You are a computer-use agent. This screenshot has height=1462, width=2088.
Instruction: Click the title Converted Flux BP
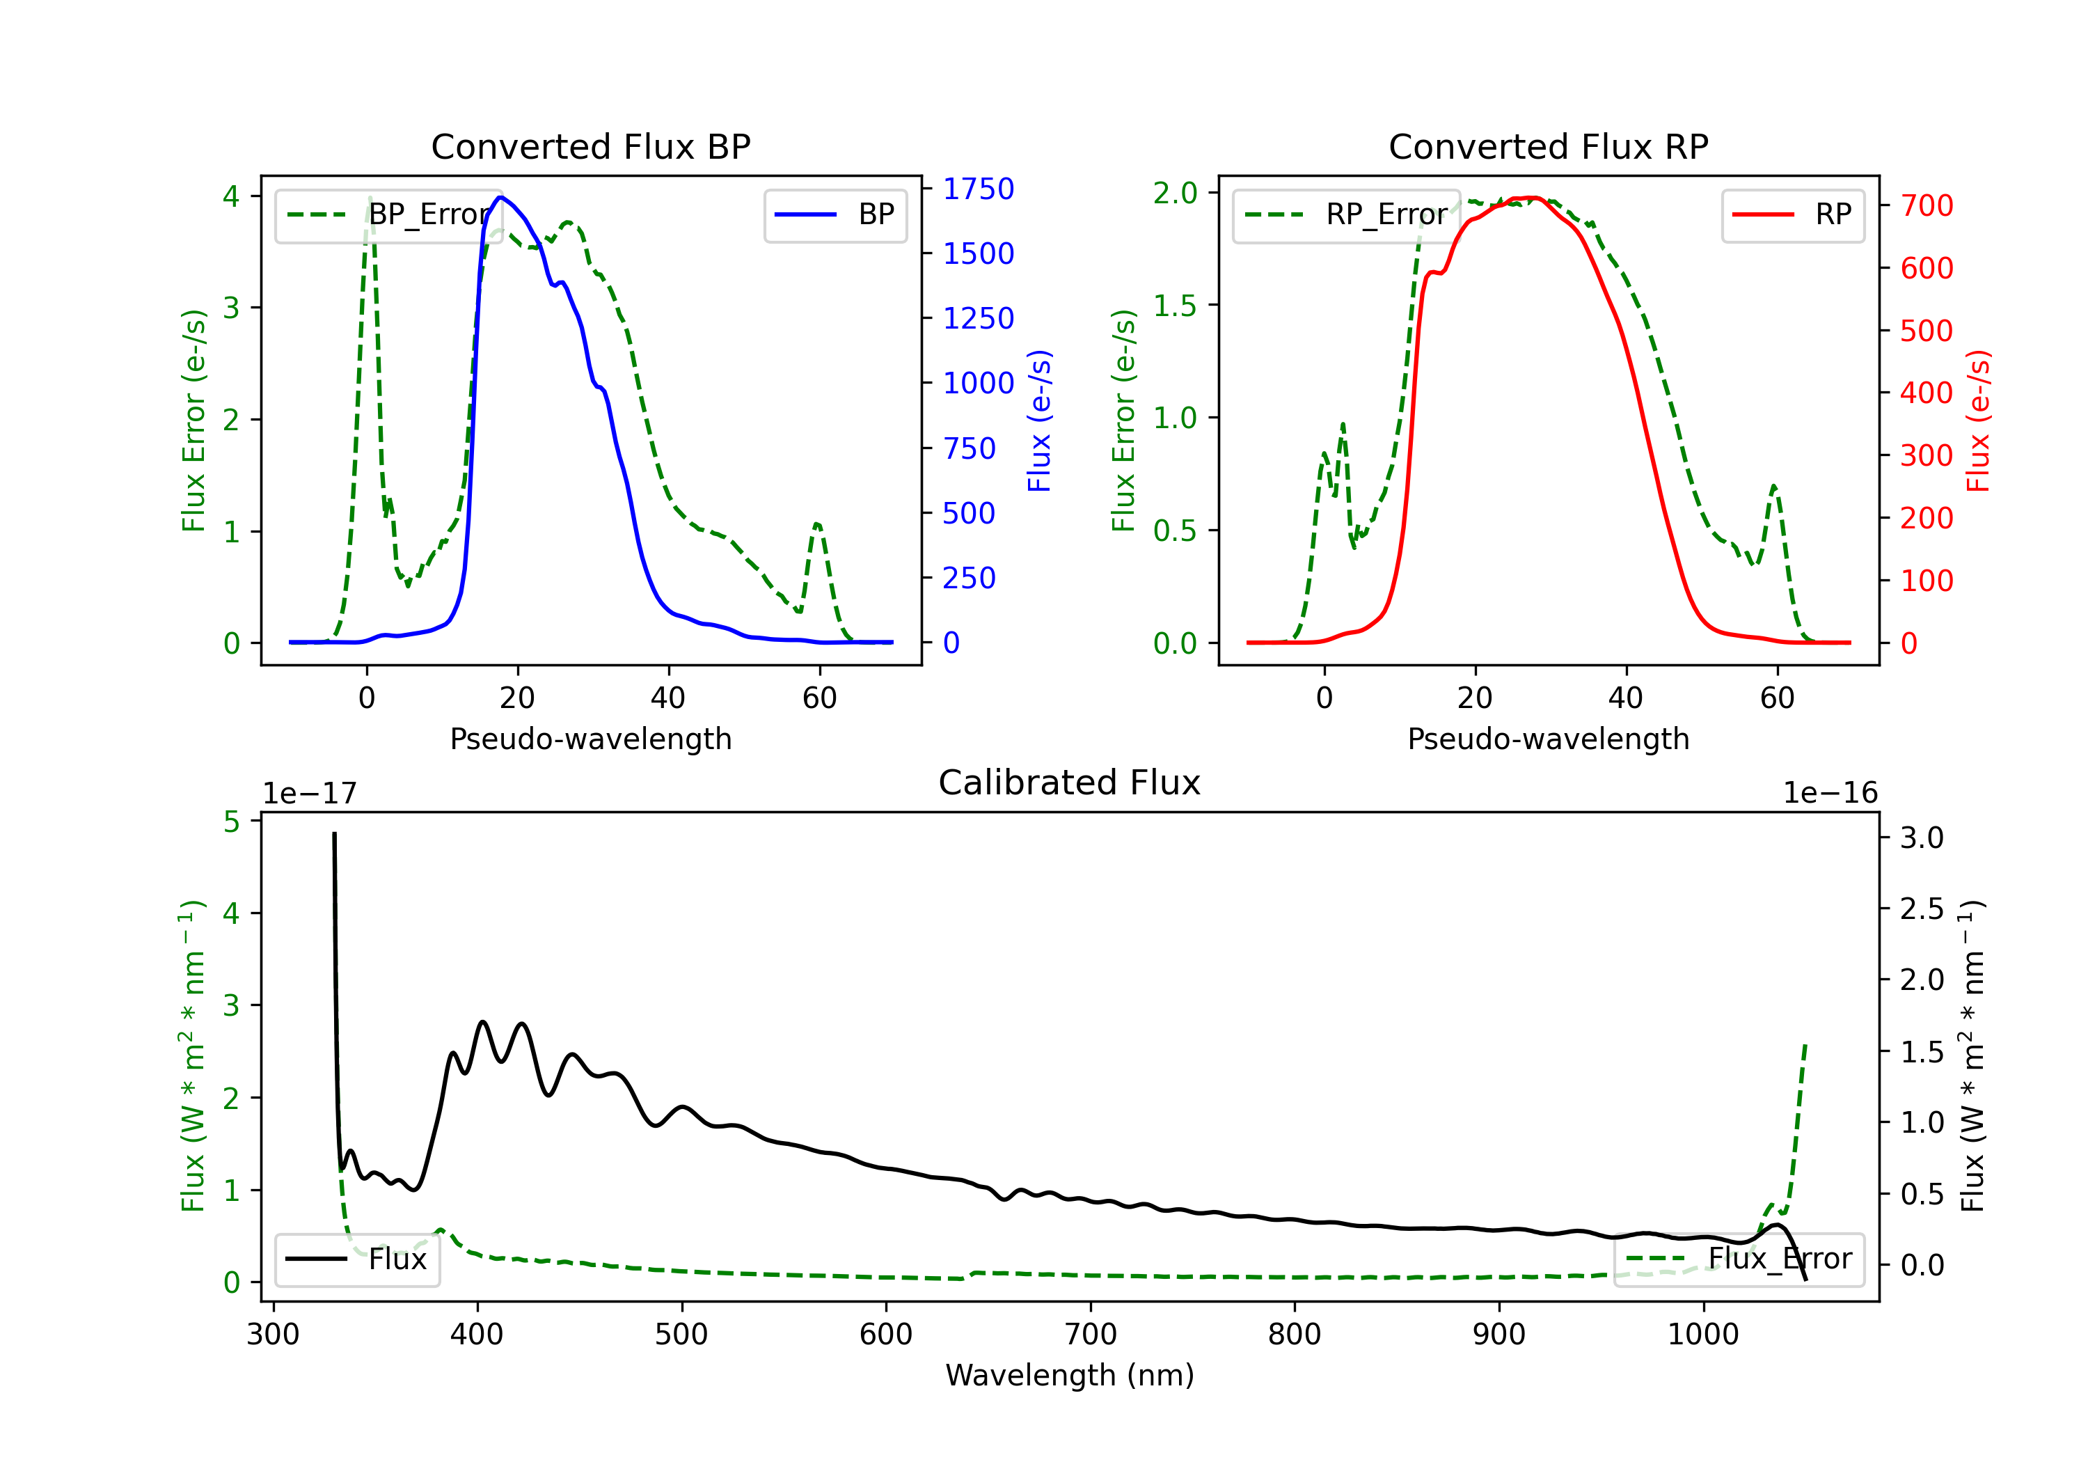point(590,146)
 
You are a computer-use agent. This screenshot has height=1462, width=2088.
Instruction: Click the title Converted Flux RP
point(1548,146)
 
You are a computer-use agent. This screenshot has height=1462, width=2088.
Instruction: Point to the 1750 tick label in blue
point(978,189)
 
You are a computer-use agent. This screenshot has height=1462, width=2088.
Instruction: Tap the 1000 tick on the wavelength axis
point(1702,1334)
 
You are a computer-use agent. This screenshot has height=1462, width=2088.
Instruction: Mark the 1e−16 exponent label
point(1830,794)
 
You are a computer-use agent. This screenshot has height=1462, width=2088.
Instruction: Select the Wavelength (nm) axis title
point(1070,1375)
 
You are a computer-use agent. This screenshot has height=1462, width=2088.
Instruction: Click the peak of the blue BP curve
point(500,198)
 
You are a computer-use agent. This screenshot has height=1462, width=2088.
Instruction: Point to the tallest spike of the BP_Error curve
point(369,198)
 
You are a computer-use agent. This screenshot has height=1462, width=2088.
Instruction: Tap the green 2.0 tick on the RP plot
point(1175,193)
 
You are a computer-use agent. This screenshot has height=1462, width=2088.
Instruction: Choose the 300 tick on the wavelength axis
point(273,1334)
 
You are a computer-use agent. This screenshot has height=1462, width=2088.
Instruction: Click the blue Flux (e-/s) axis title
point(1039,420)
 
